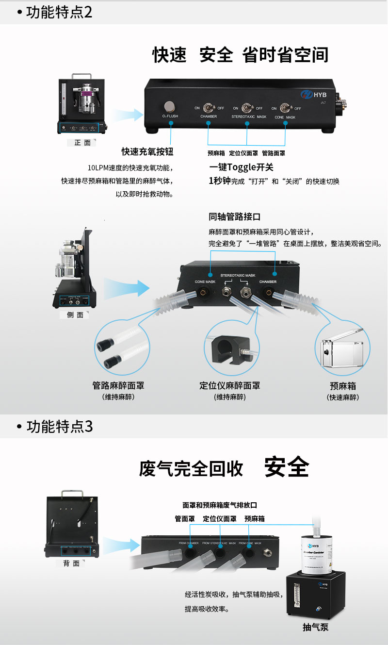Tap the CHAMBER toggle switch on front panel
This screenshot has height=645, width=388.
tap(209, 107)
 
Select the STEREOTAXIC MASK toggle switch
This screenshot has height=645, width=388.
tap(247, 107)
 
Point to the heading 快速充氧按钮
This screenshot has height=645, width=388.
tap(147, 152)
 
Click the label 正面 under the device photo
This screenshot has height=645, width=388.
tap(82, 143)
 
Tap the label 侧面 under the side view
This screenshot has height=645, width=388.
tap(75, 315)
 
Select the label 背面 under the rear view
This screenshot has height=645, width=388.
tap(71, 563)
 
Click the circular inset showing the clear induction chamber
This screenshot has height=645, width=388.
tap(343, 348)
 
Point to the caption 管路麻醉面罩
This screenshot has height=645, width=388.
tap(118, 386)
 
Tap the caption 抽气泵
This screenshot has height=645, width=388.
tap(316, 628)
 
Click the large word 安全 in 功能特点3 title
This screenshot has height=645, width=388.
tap(286, 467)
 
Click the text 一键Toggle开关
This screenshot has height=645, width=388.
tap(241, 167)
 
